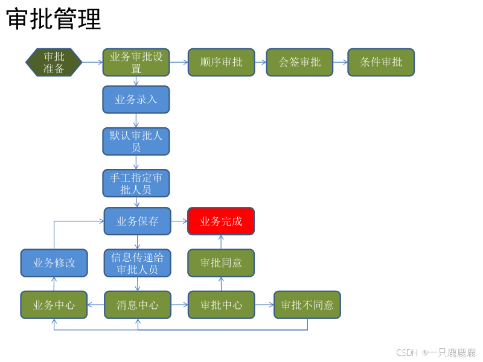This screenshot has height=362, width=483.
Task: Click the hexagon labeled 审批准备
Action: tap(54, 62)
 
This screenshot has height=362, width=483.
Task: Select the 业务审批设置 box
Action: tap(136, 62)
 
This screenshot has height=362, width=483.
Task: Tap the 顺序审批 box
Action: tap(222, 62)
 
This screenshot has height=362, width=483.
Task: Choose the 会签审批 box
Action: tap(299, 62)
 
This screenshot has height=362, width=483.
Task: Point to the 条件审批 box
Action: tap(381, 62)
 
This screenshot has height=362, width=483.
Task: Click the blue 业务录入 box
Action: tap(136, 100)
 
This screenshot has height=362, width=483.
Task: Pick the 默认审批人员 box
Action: tap(136, 141)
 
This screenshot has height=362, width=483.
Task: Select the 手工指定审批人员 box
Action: tap(136, 183)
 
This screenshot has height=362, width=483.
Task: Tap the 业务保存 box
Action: tap(138, 221)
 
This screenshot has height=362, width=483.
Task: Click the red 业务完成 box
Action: tap(221, 221)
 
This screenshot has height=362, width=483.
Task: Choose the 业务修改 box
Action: tap(54, 263)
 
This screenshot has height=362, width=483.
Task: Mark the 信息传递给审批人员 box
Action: tap(138, 263)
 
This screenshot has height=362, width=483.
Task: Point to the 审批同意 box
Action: tap(221, 263)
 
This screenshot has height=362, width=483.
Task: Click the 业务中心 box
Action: tap(54, 305)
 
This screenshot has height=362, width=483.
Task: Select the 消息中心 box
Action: tap(138, 305)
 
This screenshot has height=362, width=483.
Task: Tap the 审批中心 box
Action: tap(222, 305)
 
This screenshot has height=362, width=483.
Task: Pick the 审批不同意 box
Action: tap(307, 305)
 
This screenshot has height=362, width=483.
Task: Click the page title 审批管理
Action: tap(54, 19)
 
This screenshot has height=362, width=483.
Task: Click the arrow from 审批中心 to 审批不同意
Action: tap(264, 305)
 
